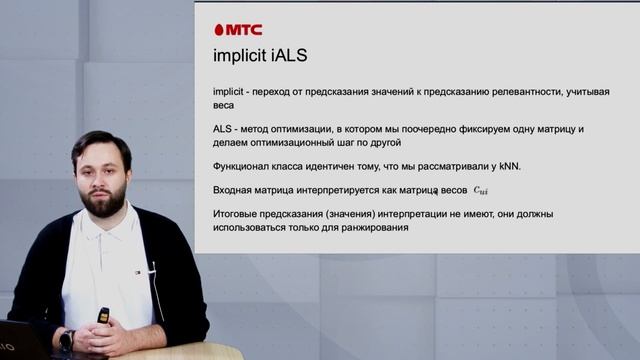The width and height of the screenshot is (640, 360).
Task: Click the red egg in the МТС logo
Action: click(219, 30)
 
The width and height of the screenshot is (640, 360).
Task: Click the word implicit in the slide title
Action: click(241, 58)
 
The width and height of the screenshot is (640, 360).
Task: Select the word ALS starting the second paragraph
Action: click(225, 130)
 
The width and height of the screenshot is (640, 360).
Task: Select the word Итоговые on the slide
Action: click(237, 214)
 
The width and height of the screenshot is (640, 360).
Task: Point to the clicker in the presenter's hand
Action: click(103, 316)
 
